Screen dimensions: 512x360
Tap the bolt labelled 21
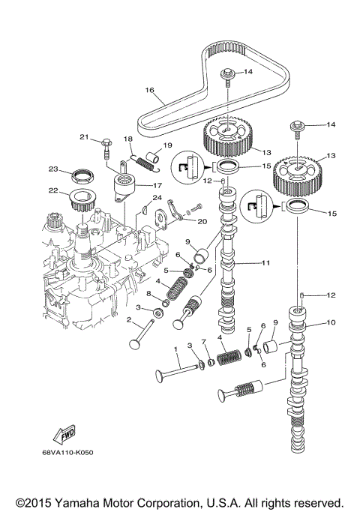(106, 142)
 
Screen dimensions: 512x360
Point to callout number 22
(54, 190)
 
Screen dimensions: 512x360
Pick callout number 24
(157, 199)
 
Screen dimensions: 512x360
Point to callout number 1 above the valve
(175, 349)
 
